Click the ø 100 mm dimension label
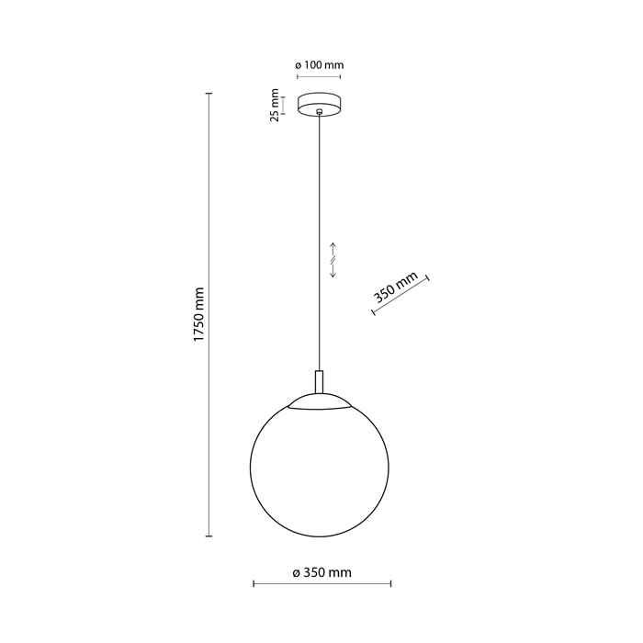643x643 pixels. click(x=320, y=65)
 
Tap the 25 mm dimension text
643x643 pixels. click(x=275, y=105)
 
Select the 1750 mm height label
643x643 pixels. click(x=198, y=314)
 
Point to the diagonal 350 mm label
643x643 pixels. click(x=395, y=287)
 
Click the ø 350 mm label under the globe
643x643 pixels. click(x=321, y=572)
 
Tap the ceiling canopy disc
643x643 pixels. click(x=319, y=105)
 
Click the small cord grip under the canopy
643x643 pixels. click(x=319, y=111)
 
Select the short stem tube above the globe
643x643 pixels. click(x=319, y=382)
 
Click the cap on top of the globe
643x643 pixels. click(x=320, y=401)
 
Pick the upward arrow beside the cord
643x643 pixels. click(x=333, y=249)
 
